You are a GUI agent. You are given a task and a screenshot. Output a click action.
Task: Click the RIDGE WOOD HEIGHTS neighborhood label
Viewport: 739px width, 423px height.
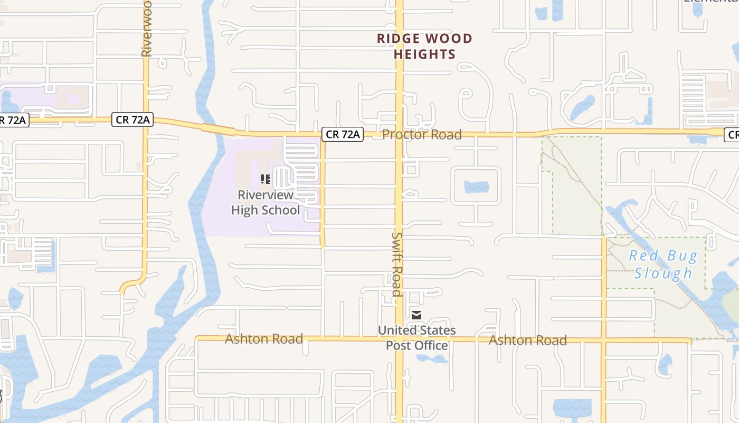click(424, 46)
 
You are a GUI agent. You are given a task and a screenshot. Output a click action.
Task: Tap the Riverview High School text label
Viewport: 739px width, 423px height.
click(266, 203)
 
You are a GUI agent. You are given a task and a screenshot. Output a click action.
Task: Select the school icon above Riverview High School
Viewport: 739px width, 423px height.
click(266, 179)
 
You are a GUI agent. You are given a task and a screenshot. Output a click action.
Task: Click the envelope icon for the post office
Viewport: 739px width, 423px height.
click(416, 316)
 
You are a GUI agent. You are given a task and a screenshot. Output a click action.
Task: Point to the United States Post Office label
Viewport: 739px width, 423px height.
click(416, 338)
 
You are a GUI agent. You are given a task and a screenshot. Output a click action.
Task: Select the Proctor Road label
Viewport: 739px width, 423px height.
click(422, 134)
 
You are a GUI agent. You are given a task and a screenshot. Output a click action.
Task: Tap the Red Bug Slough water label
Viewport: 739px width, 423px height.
click(663, 264)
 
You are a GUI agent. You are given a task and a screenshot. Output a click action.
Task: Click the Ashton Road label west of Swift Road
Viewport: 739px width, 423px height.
click(264, 338)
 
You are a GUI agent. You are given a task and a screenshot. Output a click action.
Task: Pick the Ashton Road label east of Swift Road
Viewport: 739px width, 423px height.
click(528, 340)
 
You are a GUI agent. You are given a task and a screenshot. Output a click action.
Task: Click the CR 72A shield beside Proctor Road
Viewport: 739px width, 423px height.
click(343, 134)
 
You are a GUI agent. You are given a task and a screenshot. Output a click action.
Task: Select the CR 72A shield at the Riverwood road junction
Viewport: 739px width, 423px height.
click(132, 120)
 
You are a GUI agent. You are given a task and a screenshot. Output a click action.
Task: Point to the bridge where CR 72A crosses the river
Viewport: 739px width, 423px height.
click(217, 129)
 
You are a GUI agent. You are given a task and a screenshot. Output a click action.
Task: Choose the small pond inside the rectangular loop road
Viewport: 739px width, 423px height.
click(476, 187)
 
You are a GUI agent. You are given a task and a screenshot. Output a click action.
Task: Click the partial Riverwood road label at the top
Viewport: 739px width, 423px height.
click(146, 29)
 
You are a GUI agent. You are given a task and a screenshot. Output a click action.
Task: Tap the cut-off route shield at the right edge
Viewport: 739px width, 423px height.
click(732, 135)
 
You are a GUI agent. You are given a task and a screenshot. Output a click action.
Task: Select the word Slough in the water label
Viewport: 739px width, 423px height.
click(663, 273)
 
